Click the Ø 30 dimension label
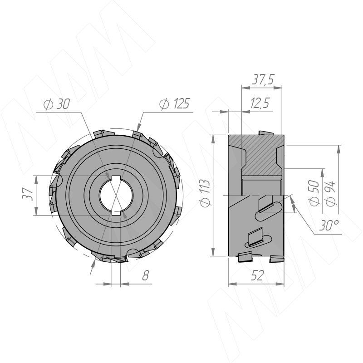(x=57, y=104)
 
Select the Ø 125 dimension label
(x=174, y=103)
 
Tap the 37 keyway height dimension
(x=27, y=194)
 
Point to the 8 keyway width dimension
(x=145, y=275)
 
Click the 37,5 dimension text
(x=263, y=79)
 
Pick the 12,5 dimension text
(x=260, y=103)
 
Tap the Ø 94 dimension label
(x=330, y=193)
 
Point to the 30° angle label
(x=329, y=226)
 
